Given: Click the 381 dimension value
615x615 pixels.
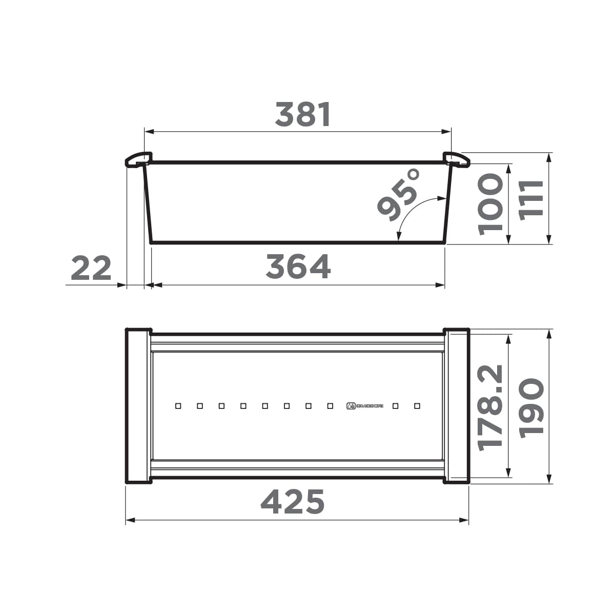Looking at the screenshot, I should pos(303,115).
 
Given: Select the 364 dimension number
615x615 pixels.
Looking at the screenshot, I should pos(298,267).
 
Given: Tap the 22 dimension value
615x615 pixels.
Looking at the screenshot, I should pos(91,269).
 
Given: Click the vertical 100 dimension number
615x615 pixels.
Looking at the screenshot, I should pos(490,204).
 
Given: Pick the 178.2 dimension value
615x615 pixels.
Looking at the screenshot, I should pos(490,408).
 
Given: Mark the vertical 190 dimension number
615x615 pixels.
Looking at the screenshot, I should pos(531,408).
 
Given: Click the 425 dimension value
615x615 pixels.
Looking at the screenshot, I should pos(293,502).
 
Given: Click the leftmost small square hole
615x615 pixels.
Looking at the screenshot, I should pos(178,406).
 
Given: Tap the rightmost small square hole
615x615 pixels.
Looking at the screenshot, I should pos(417,406).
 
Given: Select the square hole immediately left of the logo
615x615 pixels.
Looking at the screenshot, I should pos(330,406).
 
